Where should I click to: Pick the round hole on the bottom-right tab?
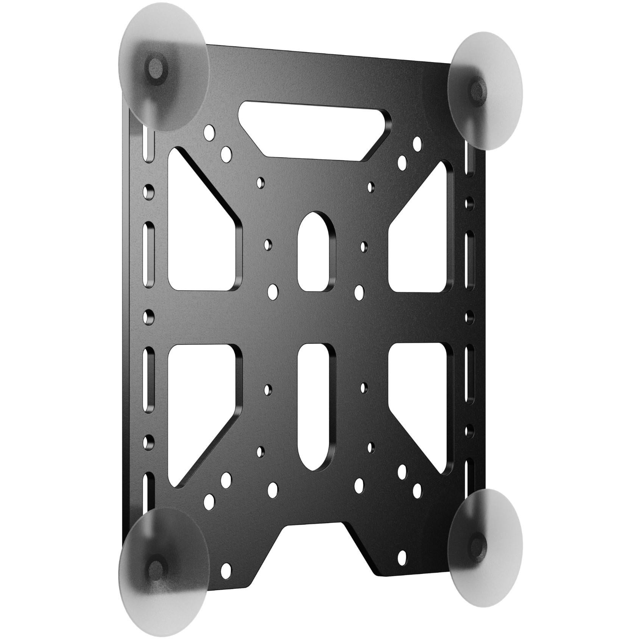tap(402, 556)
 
